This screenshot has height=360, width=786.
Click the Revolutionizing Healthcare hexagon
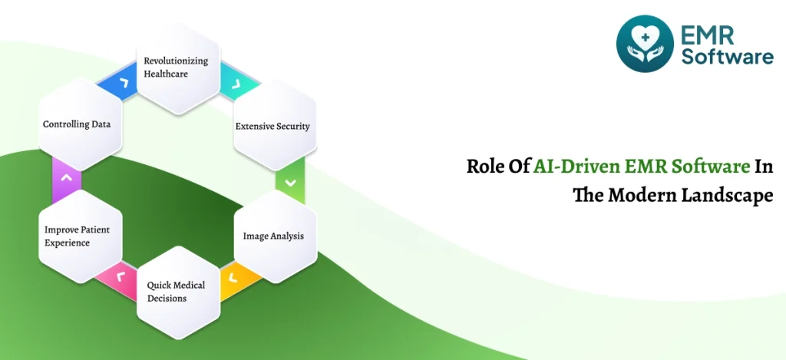(x=178, y=68)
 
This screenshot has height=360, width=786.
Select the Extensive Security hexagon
(x=276, y=125)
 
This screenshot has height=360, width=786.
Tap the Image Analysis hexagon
(x=276, y=236)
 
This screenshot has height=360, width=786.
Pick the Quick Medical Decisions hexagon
(x=178, y=292)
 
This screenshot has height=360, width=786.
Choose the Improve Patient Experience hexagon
(x=80, y=236)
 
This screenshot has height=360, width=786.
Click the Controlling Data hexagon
(x=80, y=124)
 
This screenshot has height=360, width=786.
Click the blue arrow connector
(x=118, y=82)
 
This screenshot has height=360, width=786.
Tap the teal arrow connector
(x=239, y=82)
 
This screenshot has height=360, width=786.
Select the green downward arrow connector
(x=290, y=180)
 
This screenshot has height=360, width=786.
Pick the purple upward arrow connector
(x=66, y=180)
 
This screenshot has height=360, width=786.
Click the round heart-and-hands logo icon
(x=645, y=44)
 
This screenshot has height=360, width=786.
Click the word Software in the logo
(x=727, y=56)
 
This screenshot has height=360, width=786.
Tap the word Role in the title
(x=484, y=167)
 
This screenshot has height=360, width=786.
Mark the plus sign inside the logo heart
(x=645, y=38)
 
